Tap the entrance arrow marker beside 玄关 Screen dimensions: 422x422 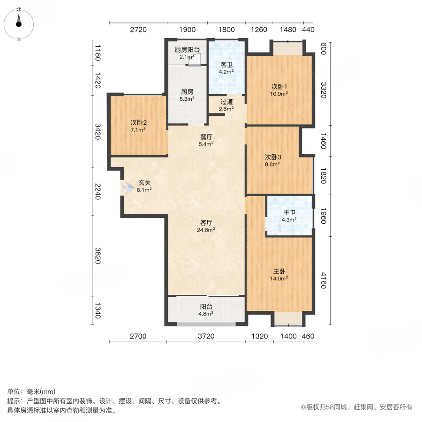point(126,188)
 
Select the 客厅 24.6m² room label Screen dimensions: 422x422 point(206,226)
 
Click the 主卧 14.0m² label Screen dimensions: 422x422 point(279,274)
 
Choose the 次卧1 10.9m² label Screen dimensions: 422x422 point(279,90)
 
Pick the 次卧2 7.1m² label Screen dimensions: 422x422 point(138,126)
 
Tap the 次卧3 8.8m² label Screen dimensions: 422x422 point(272,160)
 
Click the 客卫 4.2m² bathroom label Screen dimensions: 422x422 point(226,68)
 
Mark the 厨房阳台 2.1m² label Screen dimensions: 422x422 point(187,53)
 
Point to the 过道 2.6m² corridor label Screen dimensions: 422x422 point(226,105)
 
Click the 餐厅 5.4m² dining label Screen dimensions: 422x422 point(206,141)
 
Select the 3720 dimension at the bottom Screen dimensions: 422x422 point(206,336)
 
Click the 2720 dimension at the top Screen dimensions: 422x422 point(138,30)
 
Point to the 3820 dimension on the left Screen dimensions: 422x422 point(98,256)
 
